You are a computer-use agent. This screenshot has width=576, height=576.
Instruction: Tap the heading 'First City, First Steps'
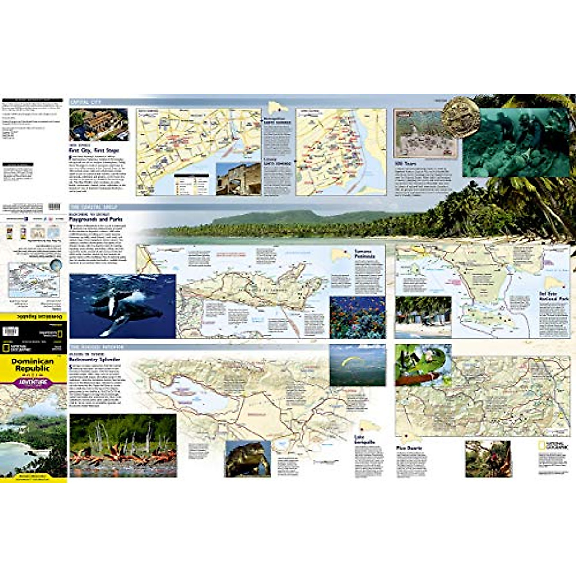pyautogui.click(x=94, y=150)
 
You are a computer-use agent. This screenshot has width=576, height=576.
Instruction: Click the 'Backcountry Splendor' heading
pyautogui.click(x=94, y=359)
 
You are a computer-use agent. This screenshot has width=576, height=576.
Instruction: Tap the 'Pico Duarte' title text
pyautogui.click(x=408, y=448)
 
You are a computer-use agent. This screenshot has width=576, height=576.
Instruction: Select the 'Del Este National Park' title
pyautogui.click(x=553, y=296)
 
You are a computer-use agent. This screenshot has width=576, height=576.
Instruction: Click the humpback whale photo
pyautogui.click(x=122, y=306)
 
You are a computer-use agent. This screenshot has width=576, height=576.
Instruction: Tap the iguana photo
pyautogui.click(x=247, y=458)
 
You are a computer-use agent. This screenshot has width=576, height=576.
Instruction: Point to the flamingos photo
pyautogui.click(x=122, y=445)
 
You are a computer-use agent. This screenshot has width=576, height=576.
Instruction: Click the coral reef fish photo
pyautogui.click(x=357, y=317)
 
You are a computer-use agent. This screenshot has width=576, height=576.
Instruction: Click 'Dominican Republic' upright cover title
pyautogui.click(x=33, y=365)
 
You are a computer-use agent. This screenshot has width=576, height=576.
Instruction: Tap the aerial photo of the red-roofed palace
pyautogui.click(x=99, y=124)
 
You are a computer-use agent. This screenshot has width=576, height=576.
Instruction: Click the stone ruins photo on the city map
pyautogui.click(x=238, y=179)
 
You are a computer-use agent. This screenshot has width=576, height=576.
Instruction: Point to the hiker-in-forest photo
pyautogui.click(x=487, y=458)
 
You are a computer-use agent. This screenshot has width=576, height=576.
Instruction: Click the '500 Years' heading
pyautogui.click(x=405, y=163)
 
